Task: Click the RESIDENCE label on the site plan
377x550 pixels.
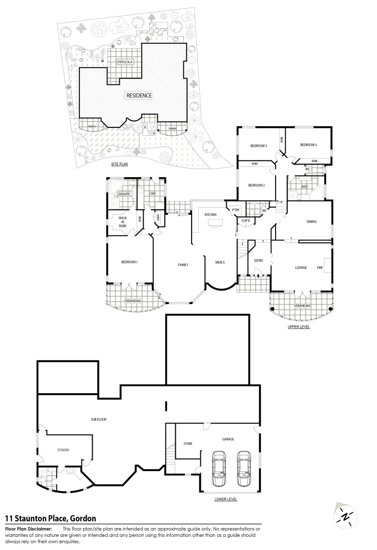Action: click(x=139, y=95)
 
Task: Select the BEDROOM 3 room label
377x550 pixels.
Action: click(x=258, y=146)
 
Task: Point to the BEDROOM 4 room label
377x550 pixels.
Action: click(x=309, y=145)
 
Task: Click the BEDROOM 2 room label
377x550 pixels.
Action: click(x=256, y=185)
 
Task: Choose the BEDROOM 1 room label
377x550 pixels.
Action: click(x=129, y=262)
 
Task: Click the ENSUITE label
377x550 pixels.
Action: click(x=124, y=195)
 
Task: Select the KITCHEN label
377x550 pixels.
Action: click(x=211, y=215)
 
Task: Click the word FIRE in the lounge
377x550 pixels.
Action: click(x=319, y=267)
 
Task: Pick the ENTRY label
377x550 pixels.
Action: click(x=258, y=261)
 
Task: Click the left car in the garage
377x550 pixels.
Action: click(x=219, y=469)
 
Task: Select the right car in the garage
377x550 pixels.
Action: click(x=244, y=469)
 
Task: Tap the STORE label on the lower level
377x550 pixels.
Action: click(x=188, y=444)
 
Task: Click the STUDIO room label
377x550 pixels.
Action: click(x=63, y=450)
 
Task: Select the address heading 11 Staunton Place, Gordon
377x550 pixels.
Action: click(x=50, y=518)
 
